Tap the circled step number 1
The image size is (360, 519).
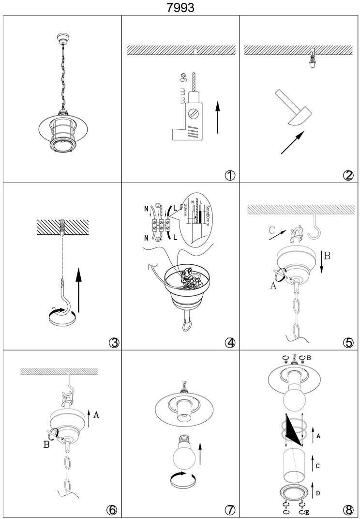230,175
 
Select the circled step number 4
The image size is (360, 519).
230,343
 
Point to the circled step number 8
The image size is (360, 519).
348,510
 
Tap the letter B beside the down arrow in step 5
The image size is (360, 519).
327,256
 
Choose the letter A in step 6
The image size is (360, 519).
96,414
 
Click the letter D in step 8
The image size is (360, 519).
318,493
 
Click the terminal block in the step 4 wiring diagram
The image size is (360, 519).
160,224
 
